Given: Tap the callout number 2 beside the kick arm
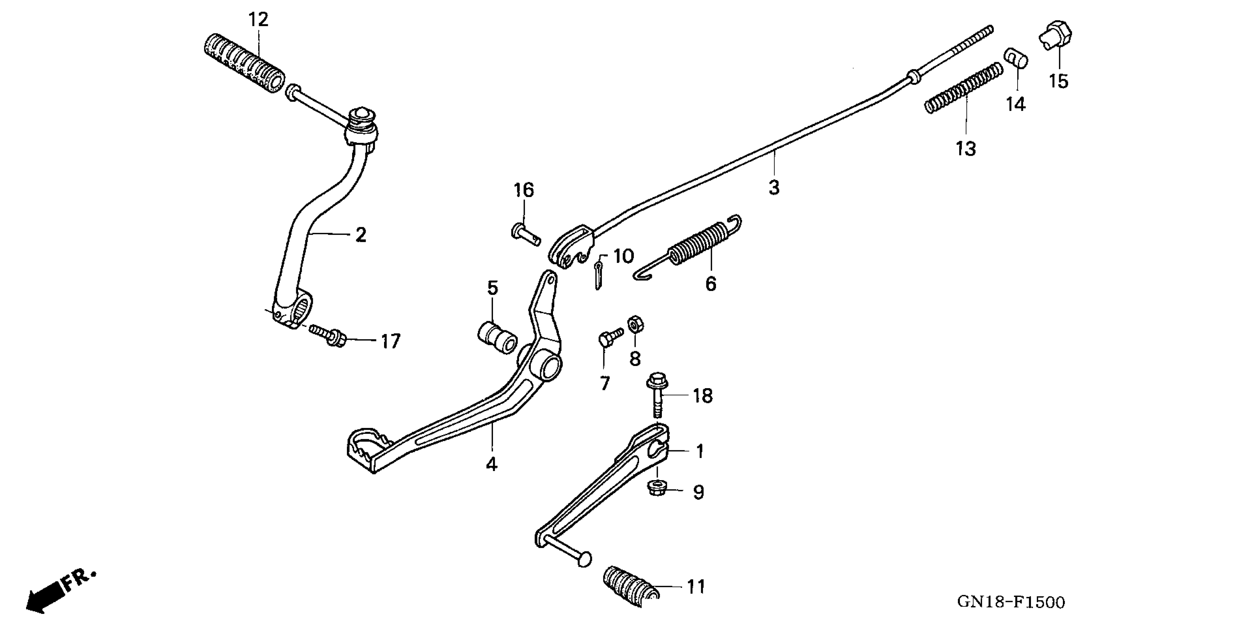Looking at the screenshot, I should pyautogui.click(x=360, y=235).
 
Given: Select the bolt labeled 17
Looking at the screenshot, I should pyautogui.click(x=330, y=335).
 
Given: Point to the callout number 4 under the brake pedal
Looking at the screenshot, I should pyautogui.click(x=492, y=464).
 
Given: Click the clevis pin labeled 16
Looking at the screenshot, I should pyautogui.click(x=525, y=235).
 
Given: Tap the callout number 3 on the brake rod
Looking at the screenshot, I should pyautogui.click(x=774, y=187).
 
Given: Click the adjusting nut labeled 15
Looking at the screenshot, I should pyautogui.click(x=1056, y=34).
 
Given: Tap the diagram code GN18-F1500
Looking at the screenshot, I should pyautogui.click(x=1011, y=602).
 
